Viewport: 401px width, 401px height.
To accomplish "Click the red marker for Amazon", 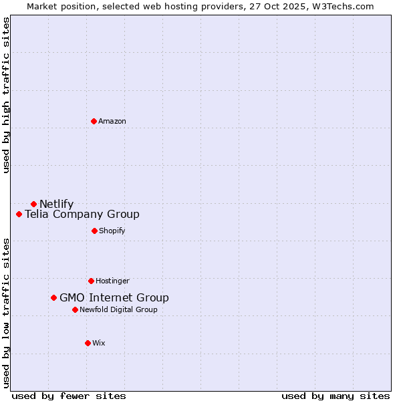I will click(x=94, y=121).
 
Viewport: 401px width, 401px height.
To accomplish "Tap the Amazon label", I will click(x=112, y=121).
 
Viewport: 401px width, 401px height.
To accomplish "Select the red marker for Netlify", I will click(x=33, y=204).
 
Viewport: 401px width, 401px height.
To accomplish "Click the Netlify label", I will click(x=57, y=204).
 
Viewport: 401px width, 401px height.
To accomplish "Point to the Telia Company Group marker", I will click(x=19, y=214).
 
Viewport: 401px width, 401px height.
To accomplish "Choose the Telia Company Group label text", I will click(x=82, y=214).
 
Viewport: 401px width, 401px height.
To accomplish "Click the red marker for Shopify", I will click(x=94, y=231).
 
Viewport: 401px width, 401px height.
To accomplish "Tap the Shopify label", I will click(x=112, y=231).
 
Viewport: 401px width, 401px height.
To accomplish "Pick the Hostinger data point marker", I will click(x=91, y=281).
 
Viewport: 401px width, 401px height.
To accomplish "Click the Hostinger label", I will click(x=112, y=281).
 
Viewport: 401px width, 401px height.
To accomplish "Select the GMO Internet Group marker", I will click(x=53, y=297).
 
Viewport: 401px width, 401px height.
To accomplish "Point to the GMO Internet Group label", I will click(x=114, y=297).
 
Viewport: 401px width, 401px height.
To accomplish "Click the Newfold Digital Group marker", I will click(x=75, y=309).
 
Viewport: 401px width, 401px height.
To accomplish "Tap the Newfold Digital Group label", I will click(x=118, y=309).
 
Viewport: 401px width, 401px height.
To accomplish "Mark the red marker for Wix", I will click(x=88, y=343).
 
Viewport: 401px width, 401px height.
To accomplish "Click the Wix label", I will click(x=99, y=343).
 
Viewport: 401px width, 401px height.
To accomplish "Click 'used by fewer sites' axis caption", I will click(x=69, y=396).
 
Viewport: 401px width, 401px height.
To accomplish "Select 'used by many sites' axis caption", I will click(x=336, y=396).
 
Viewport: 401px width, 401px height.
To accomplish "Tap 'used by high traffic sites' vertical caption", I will click(x=6, y=95).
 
